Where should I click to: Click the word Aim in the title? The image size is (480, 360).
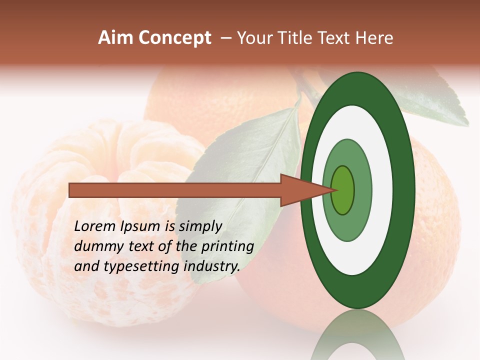(115, 38)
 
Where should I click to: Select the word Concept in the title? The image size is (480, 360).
(174, 38)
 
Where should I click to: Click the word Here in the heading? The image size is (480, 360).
(374, 38)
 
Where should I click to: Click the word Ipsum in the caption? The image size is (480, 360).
(140, 227)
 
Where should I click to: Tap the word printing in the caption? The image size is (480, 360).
(227, 247)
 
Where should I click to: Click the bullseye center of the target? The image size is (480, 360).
(343, 190)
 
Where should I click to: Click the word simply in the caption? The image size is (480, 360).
(200, 226)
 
